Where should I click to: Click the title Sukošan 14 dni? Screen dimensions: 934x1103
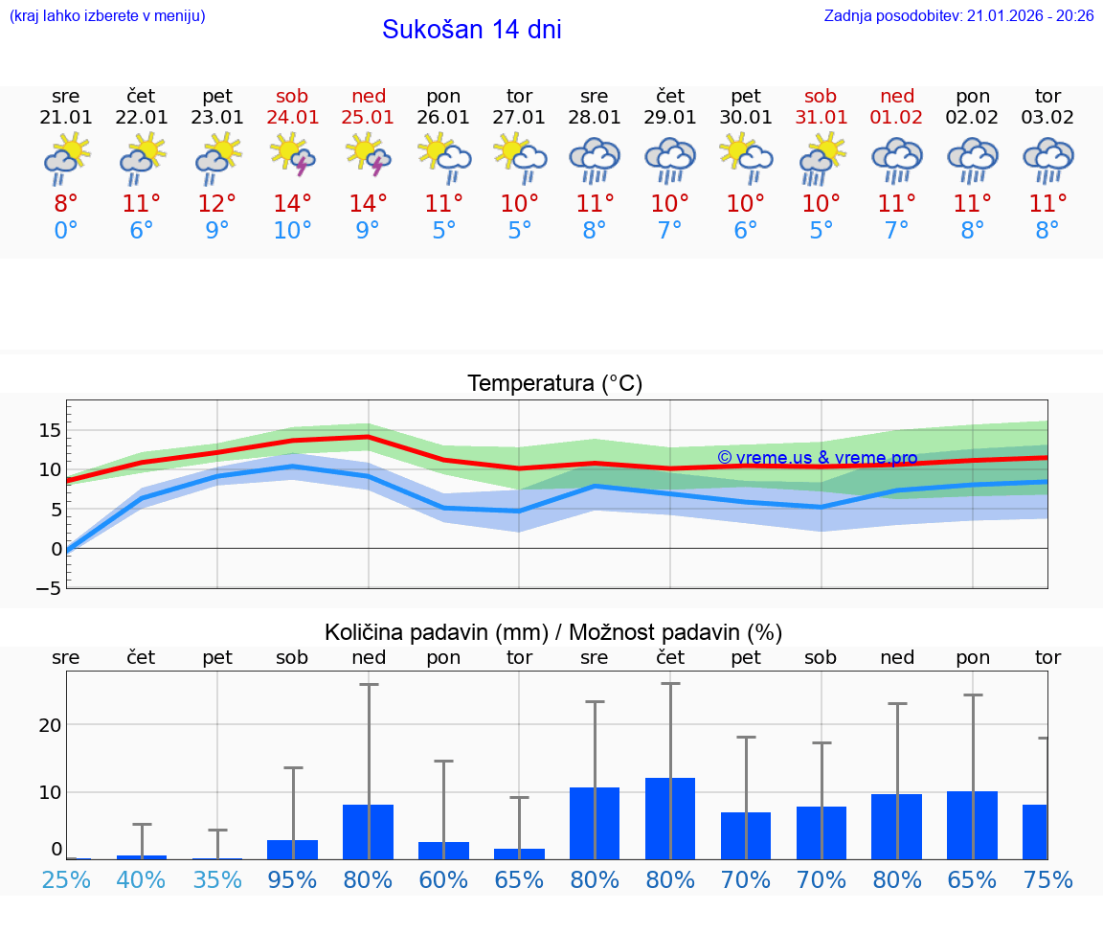point(471,30)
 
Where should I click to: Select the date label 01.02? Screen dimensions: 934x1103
point(897,118)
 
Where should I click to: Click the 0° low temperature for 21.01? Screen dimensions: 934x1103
point(66,231)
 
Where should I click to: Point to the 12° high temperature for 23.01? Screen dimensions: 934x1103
point(217,204)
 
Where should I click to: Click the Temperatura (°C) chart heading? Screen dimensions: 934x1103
point(554,384)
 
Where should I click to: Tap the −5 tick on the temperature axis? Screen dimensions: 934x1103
point(49,588)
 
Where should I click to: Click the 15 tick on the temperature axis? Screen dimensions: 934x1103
point(50,430)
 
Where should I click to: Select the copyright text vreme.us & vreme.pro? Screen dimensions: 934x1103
point(817,458)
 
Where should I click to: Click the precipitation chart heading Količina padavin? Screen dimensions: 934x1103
point(553,632)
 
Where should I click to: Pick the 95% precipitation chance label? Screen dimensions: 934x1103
point(293,879)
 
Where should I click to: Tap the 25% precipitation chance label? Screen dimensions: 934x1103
point(66,879)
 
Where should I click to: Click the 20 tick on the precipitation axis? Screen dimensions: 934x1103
point(50,725)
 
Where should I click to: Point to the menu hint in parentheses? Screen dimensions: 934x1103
point(107,16)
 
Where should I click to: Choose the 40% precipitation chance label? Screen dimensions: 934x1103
point(142,879)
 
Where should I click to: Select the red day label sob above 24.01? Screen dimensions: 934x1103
point(293,96)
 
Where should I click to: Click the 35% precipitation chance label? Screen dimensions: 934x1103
point(217,879)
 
